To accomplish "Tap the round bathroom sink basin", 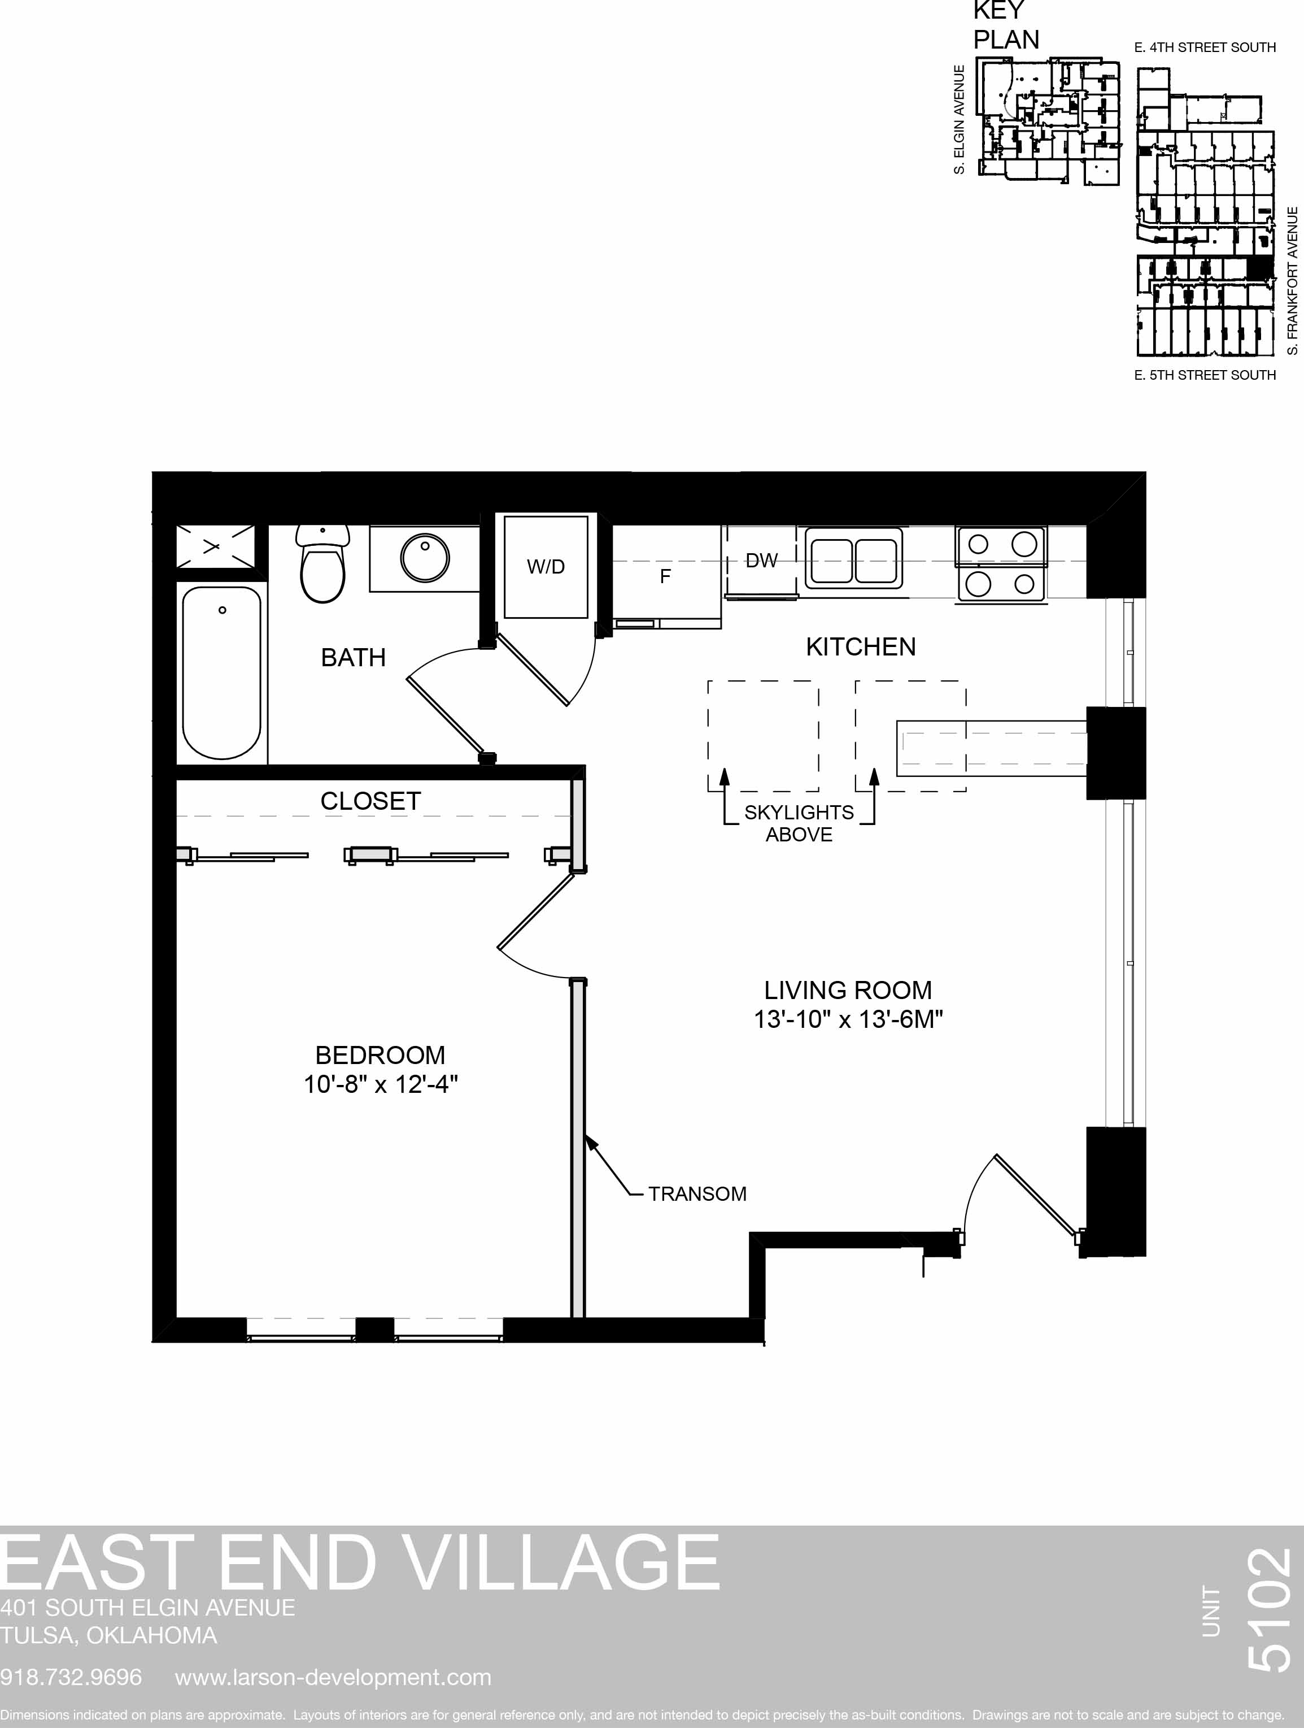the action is [425, 558].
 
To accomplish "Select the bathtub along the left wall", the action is [222, 672].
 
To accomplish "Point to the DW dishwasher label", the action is [761, 560].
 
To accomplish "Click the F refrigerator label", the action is [665, 576].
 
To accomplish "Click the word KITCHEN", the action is [861, 647].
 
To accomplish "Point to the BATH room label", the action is [353, 658].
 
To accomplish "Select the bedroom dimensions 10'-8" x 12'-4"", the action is [380, 1084].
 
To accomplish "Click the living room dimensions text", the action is [848, 1019].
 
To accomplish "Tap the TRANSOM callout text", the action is [697, 1193].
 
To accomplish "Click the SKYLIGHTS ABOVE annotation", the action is [799, 823].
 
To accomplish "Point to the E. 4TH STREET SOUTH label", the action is [1205, 47].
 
